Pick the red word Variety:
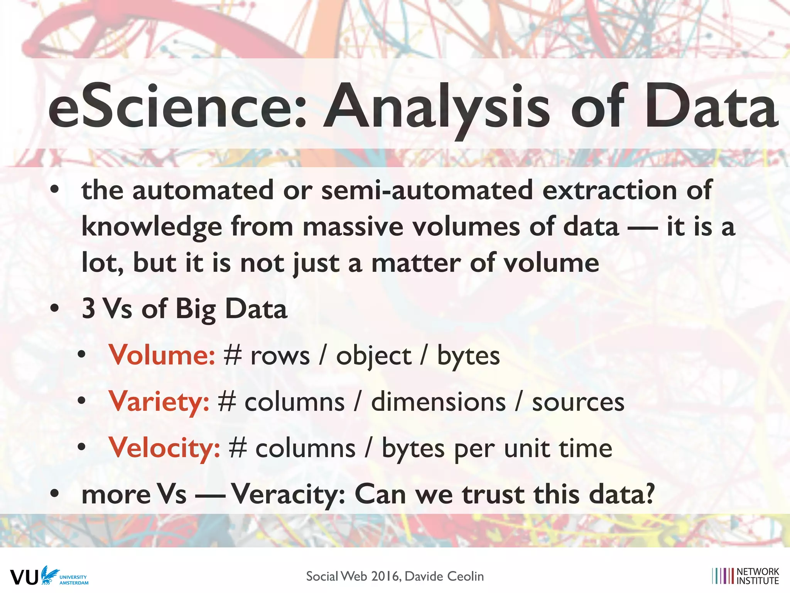click(159, 402)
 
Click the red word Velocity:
click(164, 448)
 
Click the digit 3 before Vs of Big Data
click(88, 308)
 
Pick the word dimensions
click(438, 402)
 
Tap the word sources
click(578, 402)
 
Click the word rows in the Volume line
click(280, 355)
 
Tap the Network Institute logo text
click(758, 576)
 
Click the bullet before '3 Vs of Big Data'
click(55, 308)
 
